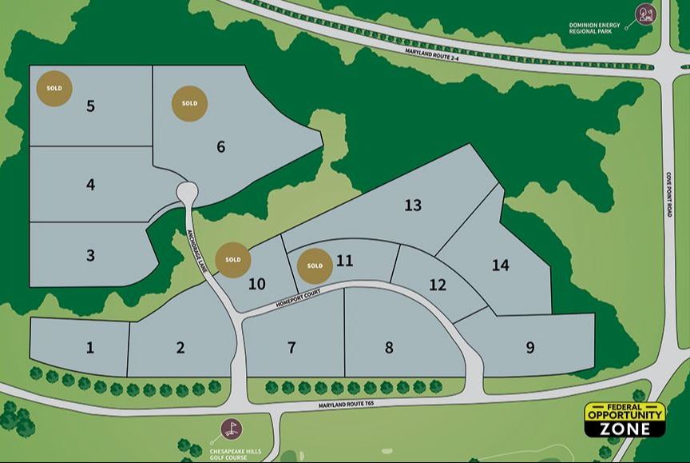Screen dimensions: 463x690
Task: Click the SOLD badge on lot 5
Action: pos(54,88)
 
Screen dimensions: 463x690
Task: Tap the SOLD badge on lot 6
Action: pos(189,104)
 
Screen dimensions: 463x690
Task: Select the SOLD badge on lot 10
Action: pos(233,260)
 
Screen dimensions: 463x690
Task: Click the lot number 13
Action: pos(412,206)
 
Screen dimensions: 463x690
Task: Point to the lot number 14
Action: pos(500,265)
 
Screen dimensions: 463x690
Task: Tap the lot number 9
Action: pos(530,347)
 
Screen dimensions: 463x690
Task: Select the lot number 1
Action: pos(90,347)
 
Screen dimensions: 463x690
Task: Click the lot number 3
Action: pos(90,256)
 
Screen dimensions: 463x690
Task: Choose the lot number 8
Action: pos(389,347)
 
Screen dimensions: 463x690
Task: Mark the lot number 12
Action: pos(438,285)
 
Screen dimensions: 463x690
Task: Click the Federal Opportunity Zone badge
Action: pos(625,420)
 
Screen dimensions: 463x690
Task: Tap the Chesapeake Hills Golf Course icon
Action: pos(231,429)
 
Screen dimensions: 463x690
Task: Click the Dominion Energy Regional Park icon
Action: pos(645,14)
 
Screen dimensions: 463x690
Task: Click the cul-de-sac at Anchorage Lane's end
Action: pos(188,192)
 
